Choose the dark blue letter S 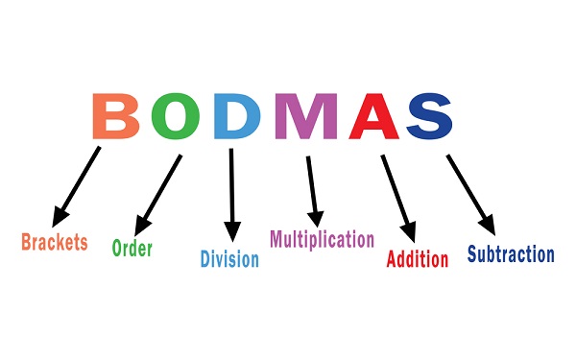pos(429,115)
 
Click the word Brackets pos(55,241)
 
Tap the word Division pos(229,259)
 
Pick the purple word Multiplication pos(322,239)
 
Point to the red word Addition pos(417,259)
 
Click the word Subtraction pos(511,254)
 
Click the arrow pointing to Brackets pos(79,183)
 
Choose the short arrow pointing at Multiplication pos(312,187)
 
